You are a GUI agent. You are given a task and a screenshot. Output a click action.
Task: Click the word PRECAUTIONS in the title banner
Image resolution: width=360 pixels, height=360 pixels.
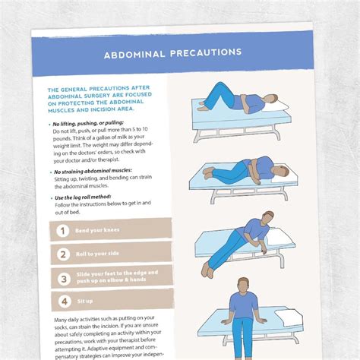210,53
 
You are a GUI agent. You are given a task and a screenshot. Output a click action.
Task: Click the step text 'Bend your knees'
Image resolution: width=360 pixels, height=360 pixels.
99,229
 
